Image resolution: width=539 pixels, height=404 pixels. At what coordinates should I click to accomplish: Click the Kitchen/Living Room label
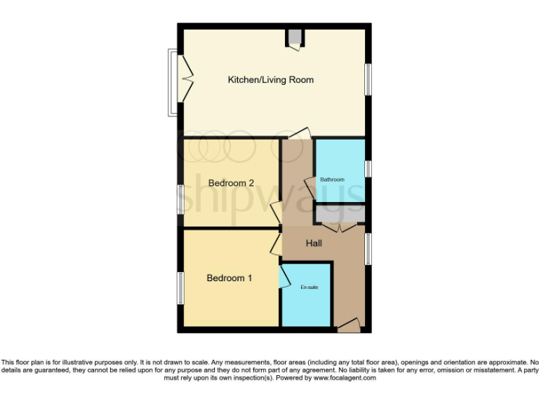[x=270, y=80]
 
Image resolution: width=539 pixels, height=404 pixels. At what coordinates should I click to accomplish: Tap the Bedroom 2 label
[x=231, y=183]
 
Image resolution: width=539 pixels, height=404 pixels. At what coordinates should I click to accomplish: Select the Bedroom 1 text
[x=229, y=278]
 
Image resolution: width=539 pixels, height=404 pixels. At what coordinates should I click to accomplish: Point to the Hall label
[x=314, y=243]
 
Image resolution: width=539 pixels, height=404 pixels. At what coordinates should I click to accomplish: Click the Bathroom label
[x=332, y=180]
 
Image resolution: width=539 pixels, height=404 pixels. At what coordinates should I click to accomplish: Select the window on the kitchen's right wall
[x=368, y=79]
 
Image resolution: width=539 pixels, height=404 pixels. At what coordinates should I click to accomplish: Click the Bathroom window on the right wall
[x=368, y=169]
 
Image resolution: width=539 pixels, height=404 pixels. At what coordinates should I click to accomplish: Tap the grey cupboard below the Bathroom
[x=340, y=213]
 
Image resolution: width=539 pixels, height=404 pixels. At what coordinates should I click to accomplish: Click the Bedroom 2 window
[x=180, y=198]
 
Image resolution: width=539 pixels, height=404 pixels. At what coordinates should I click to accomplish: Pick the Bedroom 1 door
[x=276, y=243]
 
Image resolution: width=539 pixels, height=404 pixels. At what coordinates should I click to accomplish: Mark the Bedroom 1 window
[x=180, y=288]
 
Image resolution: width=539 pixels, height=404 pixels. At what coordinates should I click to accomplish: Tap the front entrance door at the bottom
[x=348, y=325]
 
